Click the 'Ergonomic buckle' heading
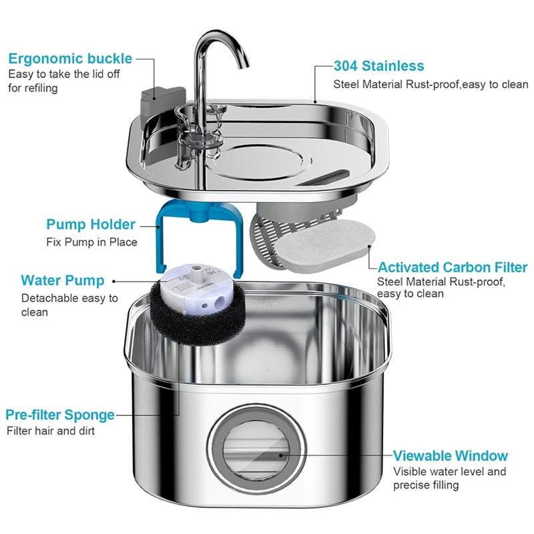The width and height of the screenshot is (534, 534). click(70, 58)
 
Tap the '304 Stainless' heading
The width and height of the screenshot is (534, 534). click(378, 65)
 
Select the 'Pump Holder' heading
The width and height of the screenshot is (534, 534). click(91, 224)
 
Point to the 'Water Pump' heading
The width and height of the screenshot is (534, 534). click(62, 280)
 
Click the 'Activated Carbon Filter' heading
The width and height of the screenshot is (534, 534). click(452, 268)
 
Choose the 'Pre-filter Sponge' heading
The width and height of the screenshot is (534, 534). click(60, 415)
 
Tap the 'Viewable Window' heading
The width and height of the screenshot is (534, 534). click(450, 456)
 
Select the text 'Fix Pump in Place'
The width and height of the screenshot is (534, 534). click(91, 242)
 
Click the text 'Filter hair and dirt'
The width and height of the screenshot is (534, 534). click(51, 431)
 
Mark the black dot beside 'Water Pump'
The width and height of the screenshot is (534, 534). click(114, 281)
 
